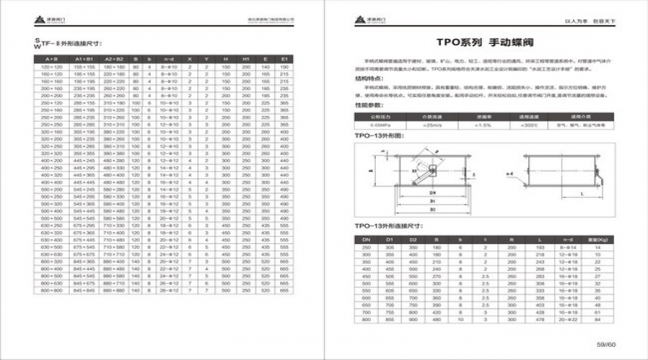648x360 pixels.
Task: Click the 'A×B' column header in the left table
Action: point(50,58)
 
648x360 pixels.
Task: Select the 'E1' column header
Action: point(285,58)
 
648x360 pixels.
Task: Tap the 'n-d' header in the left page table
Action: point(168,58)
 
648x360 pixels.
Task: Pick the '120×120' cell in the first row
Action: point(50,66)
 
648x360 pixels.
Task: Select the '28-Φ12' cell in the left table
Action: point(168,290)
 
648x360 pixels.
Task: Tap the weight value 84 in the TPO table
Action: point(598,320)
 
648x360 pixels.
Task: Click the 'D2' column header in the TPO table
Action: point(413,239)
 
